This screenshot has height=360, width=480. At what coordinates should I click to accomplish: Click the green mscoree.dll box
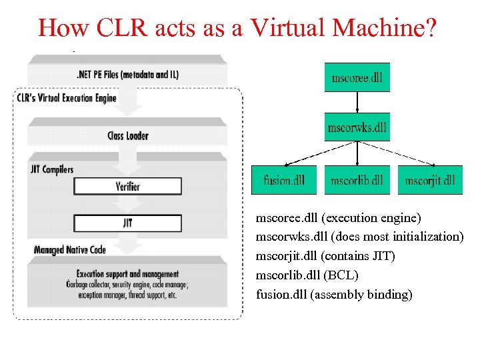pos(357,77)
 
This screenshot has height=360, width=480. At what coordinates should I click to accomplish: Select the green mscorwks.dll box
pos(357,127)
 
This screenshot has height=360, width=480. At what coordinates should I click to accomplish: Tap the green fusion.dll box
pos(285,180)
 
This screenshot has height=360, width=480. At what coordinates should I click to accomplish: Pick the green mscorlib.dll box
pos(357,180)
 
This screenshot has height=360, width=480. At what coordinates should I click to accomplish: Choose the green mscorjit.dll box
pos(430,180)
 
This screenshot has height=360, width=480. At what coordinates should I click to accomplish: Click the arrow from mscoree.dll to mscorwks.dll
pos(357,102)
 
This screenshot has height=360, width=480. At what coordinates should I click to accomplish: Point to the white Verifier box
pos(127,186)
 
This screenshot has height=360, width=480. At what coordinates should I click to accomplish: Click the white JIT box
pos(127,223)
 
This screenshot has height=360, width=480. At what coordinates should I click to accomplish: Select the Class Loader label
pos(128,136)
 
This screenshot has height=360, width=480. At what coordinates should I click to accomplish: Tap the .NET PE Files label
pos(127,75)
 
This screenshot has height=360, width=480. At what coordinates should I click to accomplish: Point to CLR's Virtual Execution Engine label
pos(67,99)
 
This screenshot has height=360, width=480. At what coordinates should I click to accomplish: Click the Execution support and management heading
pos(127,274)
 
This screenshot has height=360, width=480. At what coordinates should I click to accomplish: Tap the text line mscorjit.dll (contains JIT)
pos(325,256)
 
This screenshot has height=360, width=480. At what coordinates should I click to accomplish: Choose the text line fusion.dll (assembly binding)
pos(334,294)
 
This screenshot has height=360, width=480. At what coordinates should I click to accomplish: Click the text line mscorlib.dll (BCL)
pos(307,275)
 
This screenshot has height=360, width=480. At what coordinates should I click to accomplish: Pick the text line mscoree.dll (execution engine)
pos(339,218)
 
